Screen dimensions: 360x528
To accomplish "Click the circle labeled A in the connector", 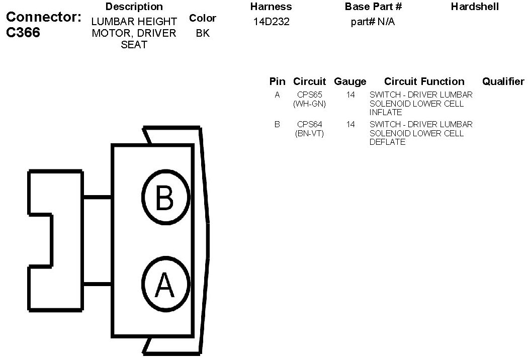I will pyautogui.click(x=165, y=284).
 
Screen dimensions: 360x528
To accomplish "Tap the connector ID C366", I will pyautogui.click(x=23, y=32).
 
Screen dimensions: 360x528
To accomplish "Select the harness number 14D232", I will pyautogui.click(x=271, y=22).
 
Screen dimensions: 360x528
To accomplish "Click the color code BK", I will pyautogui.click(x=202, y=34).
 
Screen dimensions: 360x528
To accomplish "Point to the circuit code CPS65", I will pyautogui.click(x=309, y=95).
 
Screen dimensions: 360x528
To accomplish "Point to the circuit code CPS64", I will pyautogui.click(x=309, y=124).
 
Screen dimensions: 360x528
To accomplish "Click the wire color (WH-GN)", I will pyautogui.click(x=309, y=104).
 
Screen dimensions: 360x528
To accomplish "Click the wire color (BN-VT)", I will pyautogui.click(x=309, y=133).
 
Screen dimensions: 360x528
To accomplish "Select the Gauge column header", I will pyautogui.click(x=350, y=81).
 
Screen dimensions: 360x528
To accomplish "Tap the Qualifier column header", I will pyautogui.click(x=503, y=81).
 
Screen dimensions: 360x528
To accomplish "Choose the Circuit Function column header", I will pyautogui.click(x=424, y=81).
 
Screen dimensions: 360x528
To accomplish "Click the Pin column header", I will pyautogui.click(x=277, y=81).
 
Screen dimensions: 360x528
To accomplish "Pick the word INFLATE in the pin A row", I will pyautogui.click(x=386, y=113).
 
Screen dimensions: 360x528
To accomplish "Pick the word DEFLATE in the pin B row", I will pyautogui.click(x=387, y=142).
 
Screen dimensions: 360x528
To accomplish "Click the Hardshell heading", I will pyautogui.click(x=475, y=7).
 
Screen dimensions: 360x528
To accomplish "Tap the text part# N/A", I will pyautogui.click(x=373, y=22).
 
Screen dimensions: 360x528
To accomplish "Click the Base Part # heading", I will pyautogui.click(x=373, y=7).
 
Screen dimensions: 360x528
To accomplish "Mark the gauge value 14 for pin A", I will pyautogui.click(x=350, y=95).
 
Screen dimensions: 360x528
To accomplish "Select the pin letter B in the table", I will pyautogui.click(x=277, y=124).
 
